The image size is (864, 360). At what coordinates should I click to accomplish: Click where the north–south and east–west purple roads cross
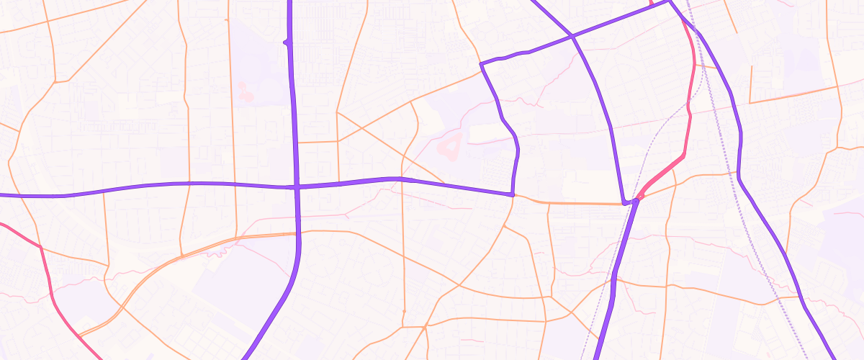tap(296, 186)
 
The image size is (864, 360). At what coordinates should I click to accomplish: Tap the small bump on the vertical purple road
tap(287, 42)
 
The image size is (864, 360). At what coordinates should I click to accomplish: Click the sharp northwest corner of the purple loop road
tap(481, 63)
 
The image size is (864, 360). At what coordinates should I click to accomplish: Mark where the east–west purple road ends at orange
tap(512, 194)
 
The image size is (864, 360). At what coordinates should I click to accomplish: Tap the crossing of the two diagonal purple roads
tap(571, 35)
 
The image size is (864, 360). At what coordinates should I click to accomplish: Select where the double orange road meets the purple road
tap(297, 233)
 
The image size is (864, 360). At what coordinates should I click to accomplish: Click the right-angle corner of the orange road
tap(750, 102)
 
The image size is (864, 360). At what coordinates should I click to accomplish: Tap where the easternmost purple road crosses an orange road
tap(737, 174)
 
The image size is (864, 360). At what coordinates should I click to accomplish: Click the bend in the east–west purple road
tap(400, 179)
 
